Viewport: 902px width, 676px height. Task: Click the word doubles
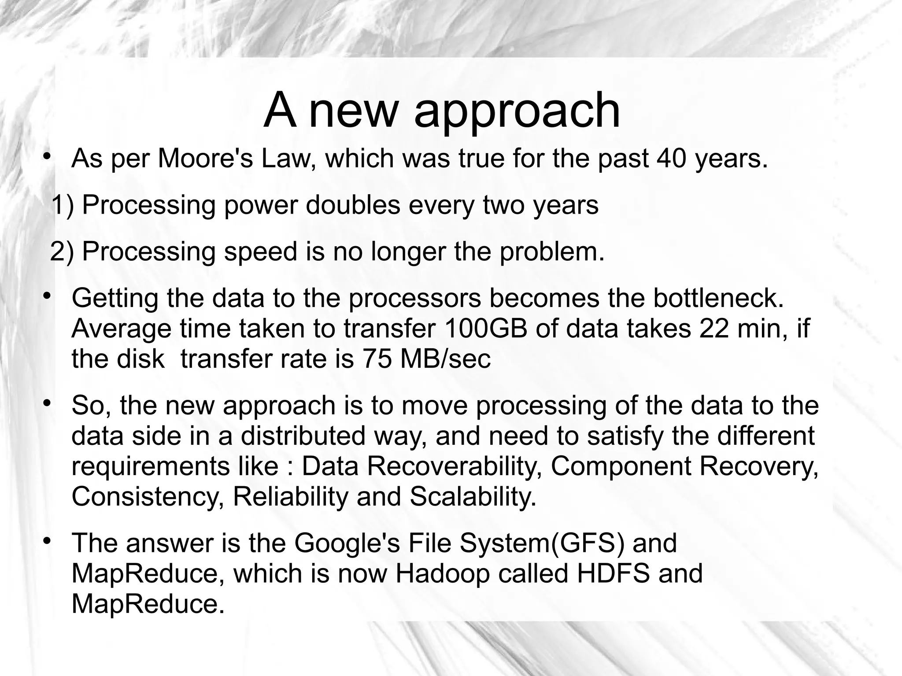coord(353,205)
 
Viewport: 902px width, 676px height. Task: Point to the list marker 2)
coord(62,252)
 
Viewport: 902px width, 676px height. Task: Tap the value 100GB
coord(486,329)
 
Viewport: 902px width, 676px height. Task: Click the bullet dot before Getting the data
coord(46,296)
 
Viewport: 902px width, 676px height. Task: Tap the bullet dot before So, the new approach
coord(46,403)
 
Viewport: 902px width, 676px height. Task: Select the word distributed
coord(303,436)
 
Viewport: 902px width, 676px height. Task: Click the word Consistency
coord(147,497)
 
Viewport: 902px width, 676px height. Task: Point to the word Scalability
coord(473,497)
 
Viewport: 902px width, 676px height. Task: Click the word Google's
coord(347,543)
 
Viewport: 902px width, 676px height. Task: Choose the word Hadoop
coord(442,573)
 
